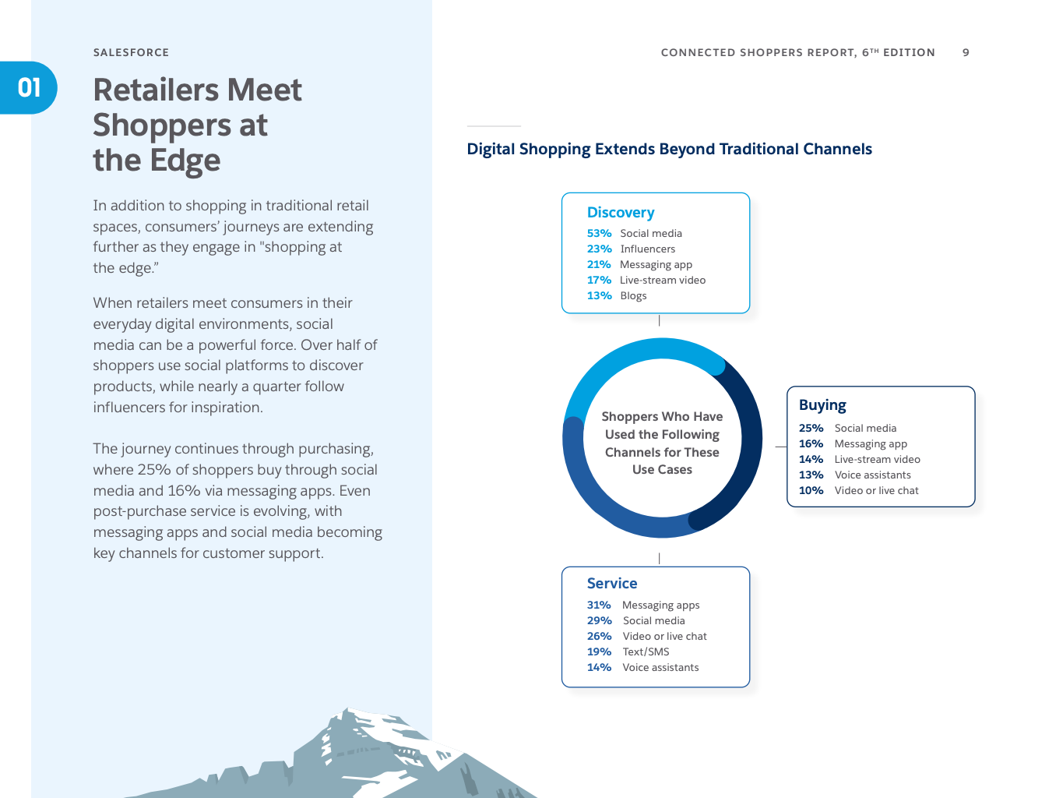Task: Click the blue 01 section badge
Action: click(x=28, y=88)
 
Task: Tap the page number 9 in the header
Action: click(x=966, y=52)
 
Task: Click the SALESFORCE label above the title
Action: click(x=131, y=52)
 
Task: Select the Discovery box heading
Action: click(x=621, y=212)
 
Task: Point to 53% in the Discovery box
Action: click(x=599, y=233)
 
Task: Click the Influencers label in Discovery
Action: click(x=647, y=249)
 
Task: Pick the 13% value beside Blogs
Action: click(x=599, y=295)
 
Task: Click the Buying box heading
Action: click(x=822, y=405)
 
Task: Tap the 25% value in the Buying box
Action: click(x=811, y=428)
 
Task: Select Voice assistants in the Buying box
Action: click(x=873, y=475)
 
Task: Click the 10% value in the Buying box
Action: click(x=811, y=490)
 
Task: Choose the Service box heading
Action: click(x=612, y=584)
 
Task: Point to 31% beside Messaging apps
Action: click(x=599, y=605)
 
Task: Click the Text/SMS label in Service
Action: click(x=646, y=651)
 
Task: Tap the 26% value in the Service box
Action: click(x=599, y=636)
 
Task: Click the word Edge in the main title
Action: click(x=185, y=161)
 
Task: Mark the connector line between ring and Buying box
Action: click(x=781, y=447)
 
